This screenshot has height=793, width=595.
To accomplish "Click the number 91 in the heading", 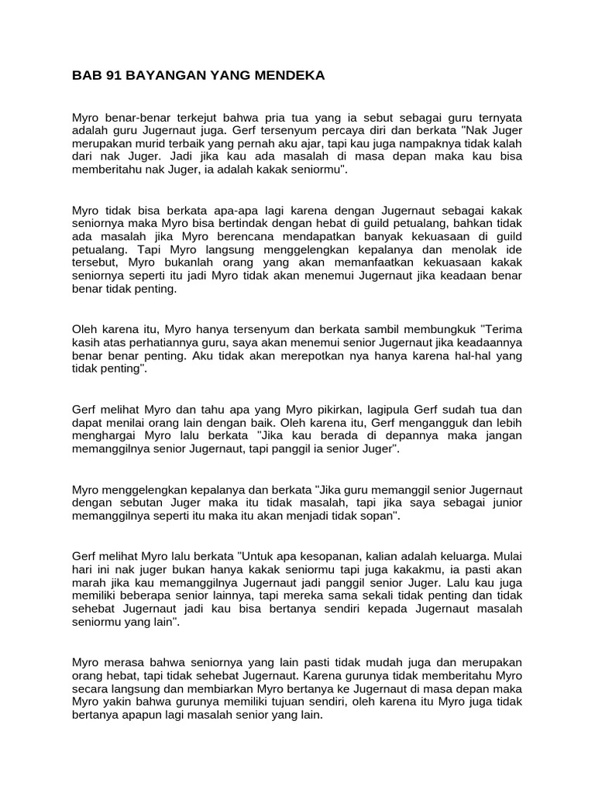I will click(108, 75).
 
